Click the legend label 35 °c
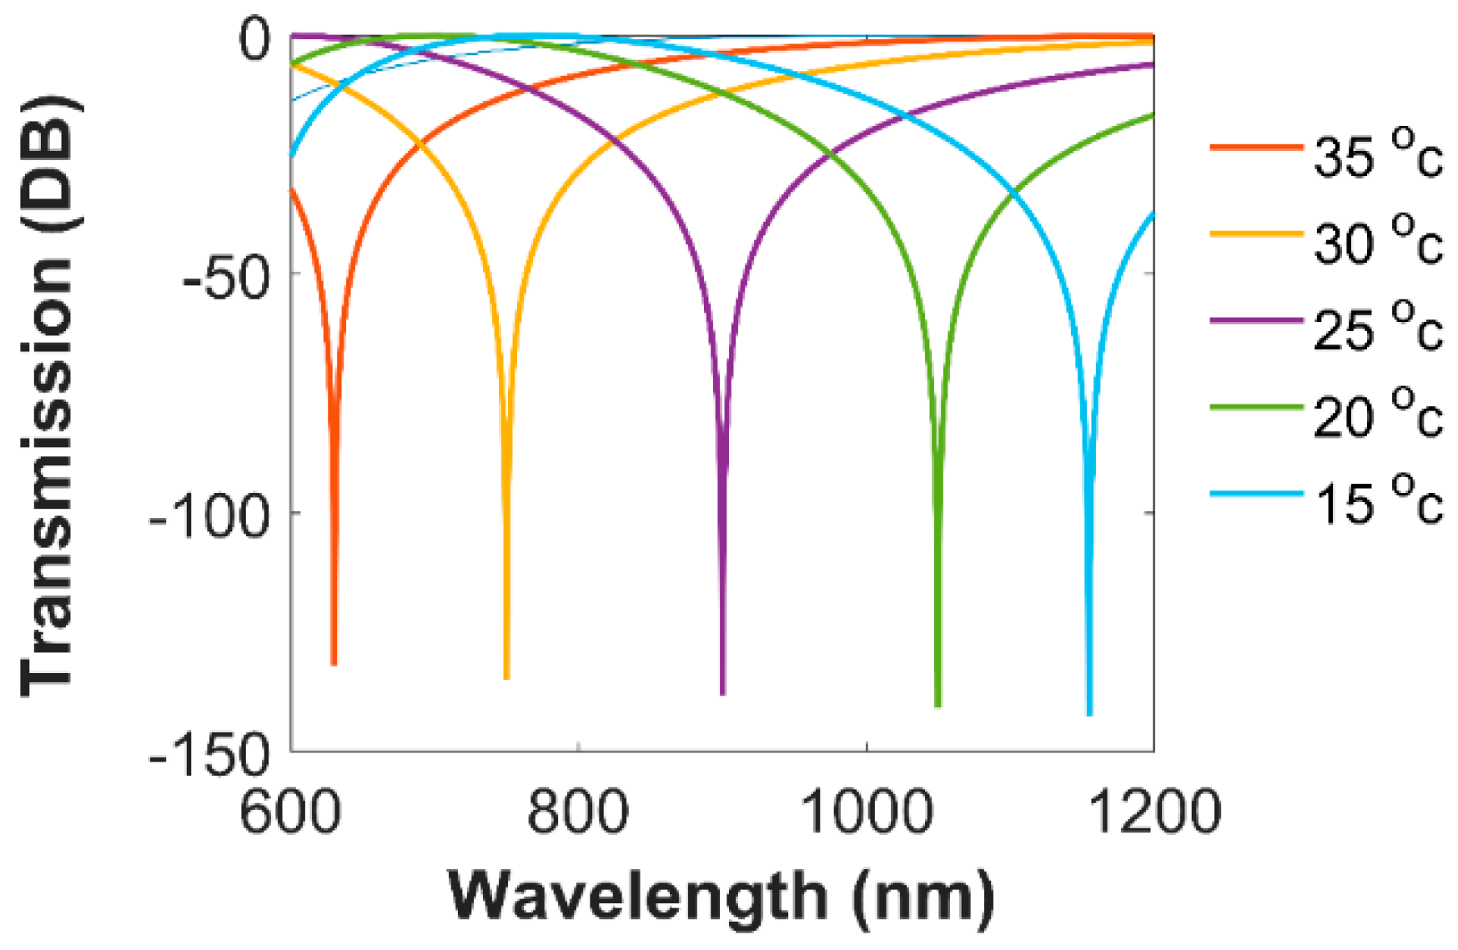click(x=1377, y=154)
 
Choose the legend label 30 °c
click(x=1377, y=241)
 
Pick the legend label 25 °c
click(x=1377, y=328)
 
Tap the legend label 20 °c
click(x=1377, y=415)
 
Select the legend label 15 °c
click(x=1377, y=501)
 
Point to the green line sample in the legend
click(x=1256, y=408)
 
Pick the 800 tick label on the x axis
click(x=577, y=812)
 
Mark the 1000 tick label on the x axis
click(x=866, y=812)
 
